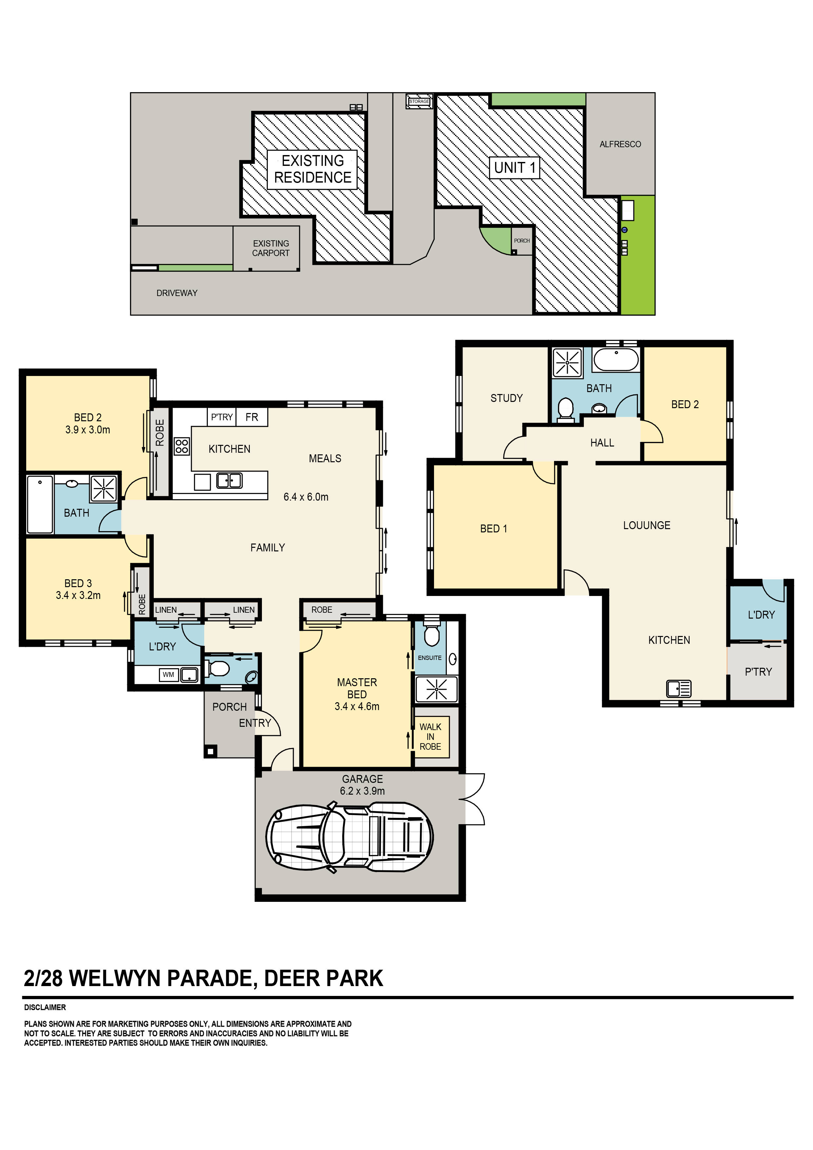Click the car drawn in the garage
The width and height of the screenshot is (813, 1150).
(349, 837)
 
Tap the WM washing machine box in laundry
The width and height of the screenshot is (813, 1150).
(168, 675)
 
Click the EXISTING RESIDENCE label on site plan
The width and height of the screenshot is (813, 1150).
(312, 169)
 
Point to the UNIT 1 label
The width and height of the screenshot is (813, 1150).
(514, 168)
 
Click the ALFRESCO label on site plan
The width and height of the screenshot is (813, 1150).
(620, 144)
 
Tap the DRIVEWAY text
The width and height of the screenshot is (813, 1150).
(177, 293)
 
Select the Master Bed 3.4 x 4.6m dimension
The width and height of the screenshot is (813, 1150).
(357, 706)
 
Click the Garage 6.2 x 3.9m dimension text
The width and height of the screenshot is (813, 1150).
(362, 791)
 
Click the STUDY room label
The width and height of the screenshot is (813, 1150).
(506, 398)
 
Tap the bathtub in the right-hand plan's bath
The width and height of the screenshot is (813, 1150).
(616, 360)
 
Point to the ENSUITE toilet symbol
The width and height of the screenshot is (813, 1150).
(432, 635)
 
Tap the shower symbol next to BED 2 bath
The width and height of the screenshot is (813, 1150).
(103, 489)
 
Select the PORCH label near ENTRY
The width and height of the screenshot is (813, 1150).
(229, 707)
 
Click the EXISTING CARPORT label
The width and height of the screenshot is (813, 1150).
(270, 248)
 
